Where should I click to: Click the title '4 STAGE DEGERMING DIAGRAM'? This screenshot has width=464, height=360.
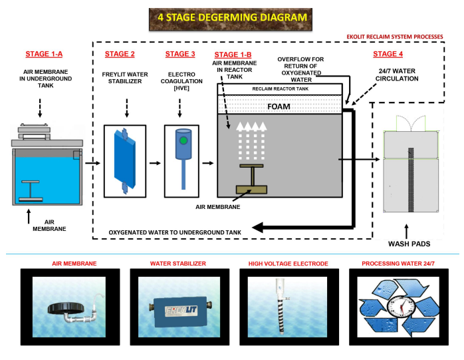[x=232, y=17]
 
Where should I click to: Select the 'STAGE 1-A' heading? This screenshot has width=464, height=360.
[x=44, y=54]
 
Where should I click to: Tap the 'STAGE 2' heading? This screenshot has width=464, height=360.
[x=120, y=54]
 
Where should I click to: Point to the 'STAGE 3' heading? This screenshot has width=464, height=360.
[x=180, y=54]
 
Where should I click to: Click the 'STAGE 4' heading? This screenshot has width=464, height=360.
[x=388, y=54]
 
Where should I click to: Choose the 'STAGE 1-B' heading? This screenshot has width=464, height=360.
[x=233, y=55]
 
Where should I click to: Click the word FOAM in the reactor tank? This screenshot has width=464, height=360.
[x=279, y=106]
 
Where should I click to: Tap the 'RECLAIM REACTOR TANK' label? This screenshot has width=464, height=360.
[x=281, y=89]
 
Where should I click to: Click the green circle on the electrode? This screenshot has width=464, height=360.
[x=183, y=140]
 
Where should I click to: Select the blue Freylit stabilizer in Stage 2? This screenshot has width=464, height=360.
[x=125, y=161]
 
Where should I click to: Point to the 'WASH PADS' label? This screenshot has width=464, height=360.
[x=409, y=244]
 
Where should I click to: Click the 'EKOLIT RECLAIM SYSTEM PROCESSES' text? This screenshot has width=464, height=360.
[x=395, y=37]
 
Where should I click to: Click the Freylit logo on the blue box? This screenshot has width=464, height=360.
[x=181, y=311]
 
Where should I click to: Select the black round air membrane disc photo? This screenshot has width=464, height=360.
[x=66, y=309]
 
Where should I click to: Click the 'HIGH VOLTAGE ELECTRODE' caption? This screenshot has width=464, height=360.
[x=289, y=264]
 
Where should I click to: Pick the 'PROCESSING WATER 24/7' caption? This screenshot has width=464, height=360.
[x=398, y=264]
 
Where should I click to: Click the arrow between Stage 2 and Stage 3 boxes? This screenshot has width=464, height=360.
[x=155, y=163]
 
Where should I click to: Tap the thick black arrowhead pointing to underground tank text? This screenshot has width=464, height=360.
[x=257, y=228]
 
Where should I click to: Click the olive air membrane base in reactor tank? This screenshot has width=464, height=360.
[x=251, y=190]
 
